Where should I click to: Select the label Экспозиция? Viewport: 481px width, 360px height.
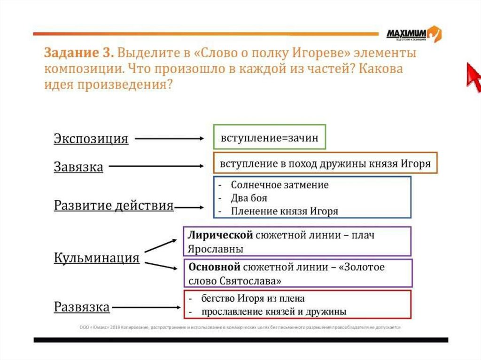91,139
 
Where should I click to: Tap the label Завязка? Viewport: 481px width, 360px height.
78,167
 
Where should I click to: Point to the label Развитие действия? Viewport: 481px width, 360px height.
114,206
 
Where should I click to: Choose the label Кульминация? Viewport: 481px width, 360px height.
97,258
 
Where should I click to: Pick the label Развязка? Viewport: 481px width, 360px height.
82,307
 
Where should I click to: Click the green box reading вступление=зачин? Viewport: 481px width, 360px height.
269,138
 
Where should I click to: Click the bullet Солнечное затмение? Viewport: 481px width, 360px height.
279,185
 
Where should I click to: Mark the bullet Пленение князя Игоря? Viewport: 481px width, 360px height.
284,211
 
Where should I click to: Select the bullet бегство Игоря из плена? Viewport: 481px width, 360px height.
253,299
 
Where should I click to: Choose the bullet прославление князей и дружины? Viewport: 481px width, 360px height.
274,311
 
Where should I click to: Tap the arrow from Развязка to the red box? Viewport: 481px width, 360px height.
145,308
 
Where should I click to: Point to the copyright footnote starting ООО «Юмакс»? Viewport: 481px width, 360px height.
240,328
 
